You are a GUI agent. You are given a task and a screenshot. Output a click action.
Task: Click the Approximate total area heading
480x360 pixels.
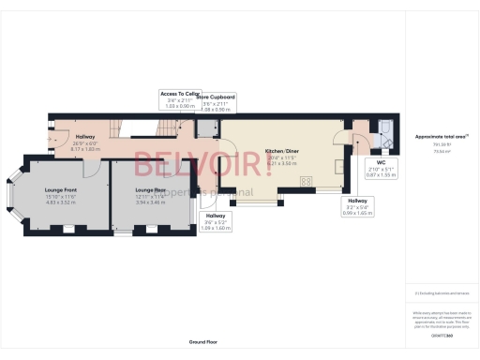(x=441, y=137)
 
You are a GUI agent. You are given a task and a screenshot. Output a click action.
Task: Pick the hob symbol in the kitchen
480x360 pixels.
(x=306, y=180)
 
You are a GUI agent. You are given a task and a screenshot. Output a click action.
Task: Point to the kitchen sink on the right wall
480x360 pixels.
(x=339, y=168)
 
